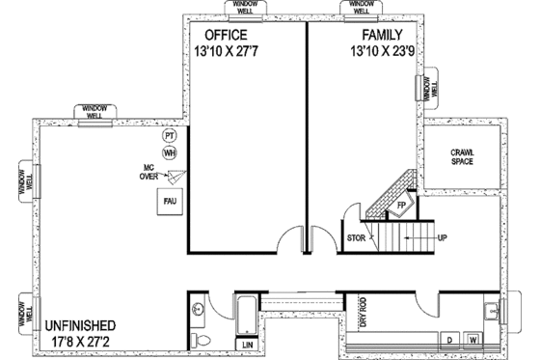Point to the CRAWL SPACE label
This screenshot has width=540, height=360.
pyautogui.click(x=468, y=155)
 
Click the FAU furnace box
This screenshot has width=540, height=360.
pyautogui.click(x=171, y=203)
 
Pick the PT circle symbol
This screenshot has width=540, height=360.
pyautogui.click(x=170, y=136)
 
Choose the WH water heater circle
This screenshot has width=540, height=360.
pyautogui.click(x=170, y=152)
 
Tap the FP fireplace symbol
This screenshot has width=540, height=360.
pyautogui.click(x=401, y=207)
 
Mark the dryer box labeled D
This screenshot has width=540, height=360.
pyautogui.click(x=449, y=340)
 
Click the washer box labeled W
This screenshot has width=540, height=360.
pyautogui.click(x=473, y=340)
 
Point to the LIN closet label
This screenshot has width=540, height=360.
pyautogui.click(x=247, y=343)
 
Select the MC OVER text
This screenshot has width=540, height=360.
pyautogui.click(x=148, y=172)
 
